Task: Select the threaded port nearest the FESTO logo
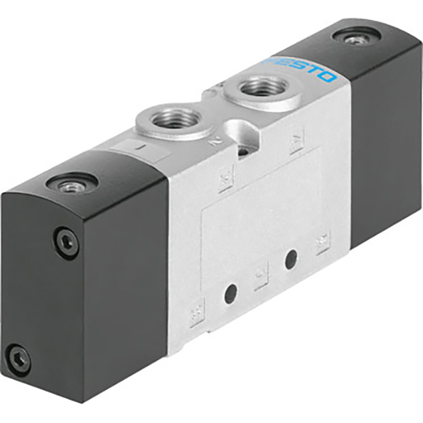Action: click(x=263, y=89)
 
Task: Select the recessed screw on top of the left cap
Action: click(x=73, y=184)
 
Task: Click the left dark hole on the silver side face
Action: click(x=230, y=294)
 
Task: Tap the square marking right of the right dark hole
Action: click(x=323, y=242)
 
